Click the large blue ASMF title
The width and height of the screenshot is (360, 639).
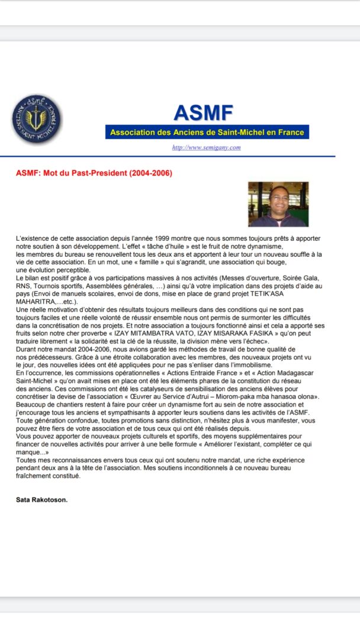[x=203, y=112]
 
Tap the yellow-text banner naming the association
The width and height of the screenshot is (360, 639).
[x=207, y=133]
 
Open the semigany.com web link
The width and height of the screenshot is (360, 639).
[x=206, y=147]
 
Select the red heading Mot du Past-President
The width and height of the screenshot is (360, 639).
[x=94, y=173]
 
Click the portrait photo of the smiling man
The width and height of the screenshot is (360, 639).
[x=278, y=204]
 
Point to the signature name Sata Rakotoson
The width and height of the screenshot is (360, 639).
[x=42, y=500]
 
